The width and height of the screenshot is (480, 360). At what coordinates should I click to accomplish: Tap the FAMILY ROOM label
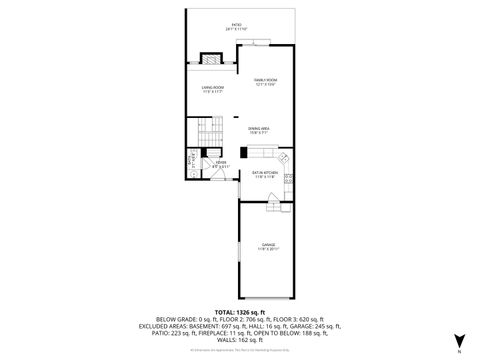tap(264, 81)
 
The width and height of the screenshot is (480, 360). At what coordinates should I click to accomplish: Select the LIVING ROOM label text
tap(211, 89)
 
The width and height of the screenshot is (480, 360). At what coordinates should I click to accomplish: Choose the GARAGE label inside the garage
tap(267, 245)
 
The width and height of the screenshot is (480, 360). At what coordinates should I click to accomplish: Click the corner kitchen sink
tap(283, 158)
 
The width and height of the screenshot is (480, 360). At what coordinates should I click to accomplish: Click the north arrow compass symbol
tap(458, 342)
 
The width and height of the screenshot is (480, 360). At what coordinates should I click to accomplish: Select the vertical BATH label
tap(188, 159)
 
